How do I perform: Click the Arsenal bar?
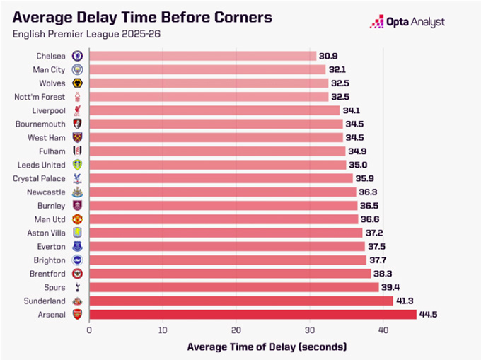(x=253, y=315)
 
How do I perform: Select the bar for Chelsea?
(x=203, y=55)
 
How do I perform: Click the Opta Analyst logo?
(x=407, y=22)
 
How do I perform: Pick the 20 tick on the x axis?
(x=236, y=330)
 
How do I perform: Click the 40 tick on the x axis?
(x=383, y=330)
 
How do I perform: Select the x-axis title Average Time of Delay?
(x=267, y=347)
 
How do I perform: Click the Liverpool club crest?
(x=77, y=110)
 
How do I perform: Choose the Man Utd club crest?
(x=77, y=219)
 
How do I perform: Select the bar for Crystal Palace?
(x=221, y=178)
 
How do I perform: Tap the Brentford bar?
(x=230, y=274)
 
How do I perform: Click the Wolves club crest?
(x=77, y=83)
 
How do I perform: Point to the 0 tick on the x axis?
(x=90, y=330)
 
